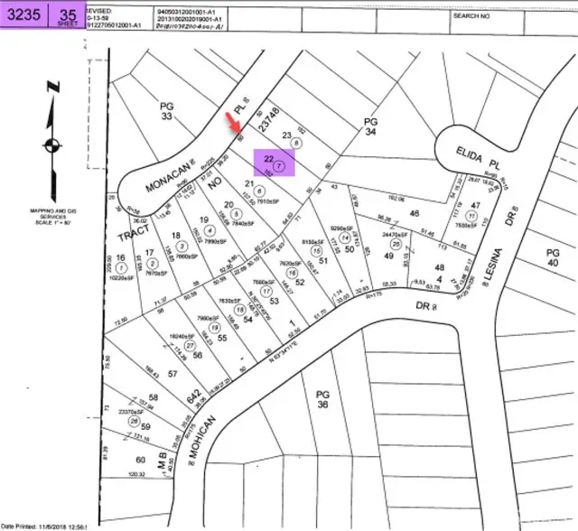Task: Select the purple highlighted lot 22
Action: click(x=274, y=161)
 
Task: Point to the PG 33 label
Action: click(x=165, y=111)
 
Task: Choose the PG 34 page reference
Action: click(x=368, y=126)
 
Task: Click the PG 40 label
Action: click(x=554, y=257)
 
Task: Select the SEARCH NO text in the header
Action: click(x=472, y=15)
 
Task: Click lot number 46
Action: click(x=415, y=214)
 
